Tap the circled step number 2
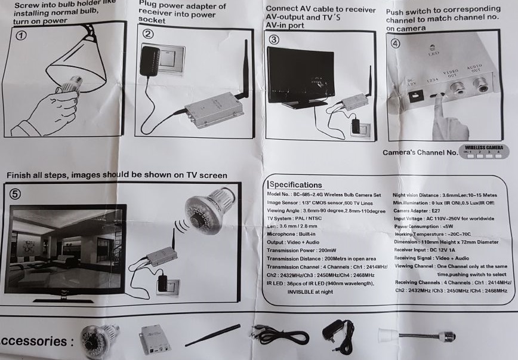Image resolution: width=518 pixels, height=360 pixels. (x=148, y=33)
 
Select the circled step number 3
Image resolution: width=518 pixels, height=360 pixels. (x=274, y=40)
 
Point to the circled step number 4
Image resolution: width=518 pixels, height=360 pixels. (x=396, y=44)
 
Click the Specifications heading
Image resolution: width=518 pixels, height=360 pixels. (x=296, y=185)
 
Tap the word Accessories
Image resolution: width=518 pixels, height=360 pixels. (x=37, y=341)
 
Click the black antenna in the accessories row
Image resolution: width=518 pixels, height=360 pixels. (x=212, y=335)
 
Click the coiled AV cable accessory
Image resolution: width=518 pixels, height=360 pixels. (x=275, y=331)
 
